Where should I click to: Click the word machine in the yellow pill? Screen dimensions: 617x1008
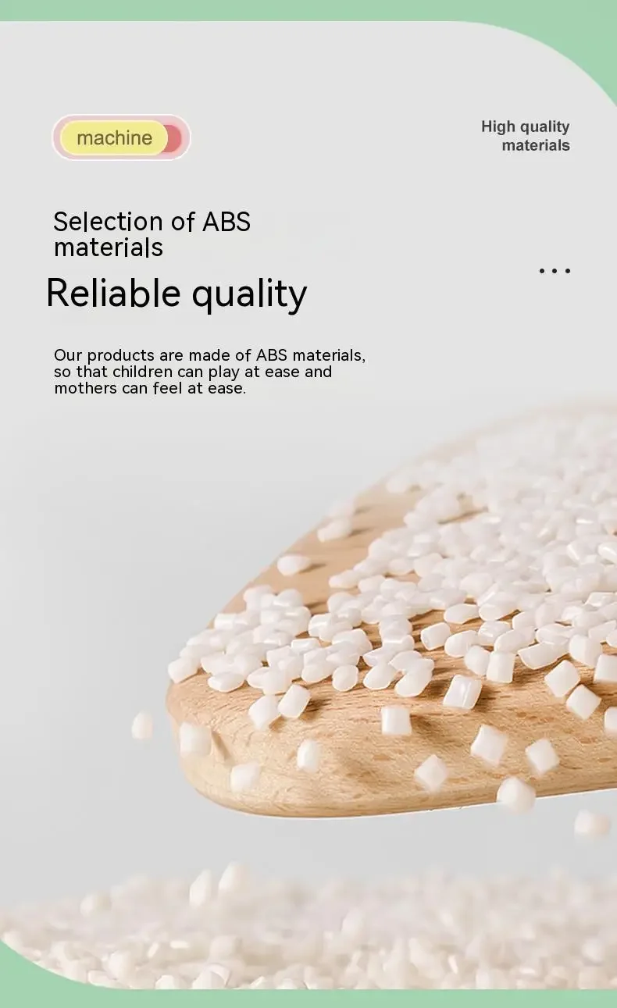click(x=114, y=137)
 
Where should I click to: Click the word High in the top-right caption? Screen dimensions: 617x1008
click(x=498, y=126)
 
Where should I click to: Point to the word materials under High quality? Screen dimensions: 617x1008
click(x=536, y=145)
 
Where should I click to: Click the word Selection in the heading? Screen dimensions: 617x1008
click(x=108, y=222)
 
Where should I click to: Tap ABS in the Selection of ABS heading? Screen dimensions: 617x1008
click(x=226, y=222)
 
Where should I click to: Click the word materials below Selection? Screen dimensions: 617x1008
click(x=109, y=248)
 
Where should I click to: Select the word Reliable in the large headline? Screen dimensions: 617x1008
click(x=113, y=293)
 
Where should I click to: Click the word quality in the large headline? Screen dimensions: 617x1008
click(x=249, y=295)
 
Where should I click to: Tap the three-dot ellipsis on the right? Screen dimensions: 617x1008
click(x=555, y=271)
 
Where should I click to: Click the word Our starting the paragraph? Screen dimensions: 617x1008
click(x=69, y=355)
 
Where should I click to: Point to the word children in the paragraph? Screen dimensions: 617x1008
click(x=143, y=372)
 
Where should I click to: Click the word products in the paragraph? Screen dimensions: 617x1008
click(x=120, y=356)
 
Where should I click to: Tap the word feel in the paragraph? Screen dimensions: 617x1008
click(x=168, y=388)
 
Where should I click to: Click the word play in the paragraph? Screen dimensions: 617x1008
click(x=224, y=372)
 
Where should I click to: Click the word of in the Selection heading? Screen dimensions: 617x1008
click(x=183, y=222)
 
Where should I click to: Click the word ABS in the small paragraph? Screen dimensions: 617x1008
click(x=271, y=355)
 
